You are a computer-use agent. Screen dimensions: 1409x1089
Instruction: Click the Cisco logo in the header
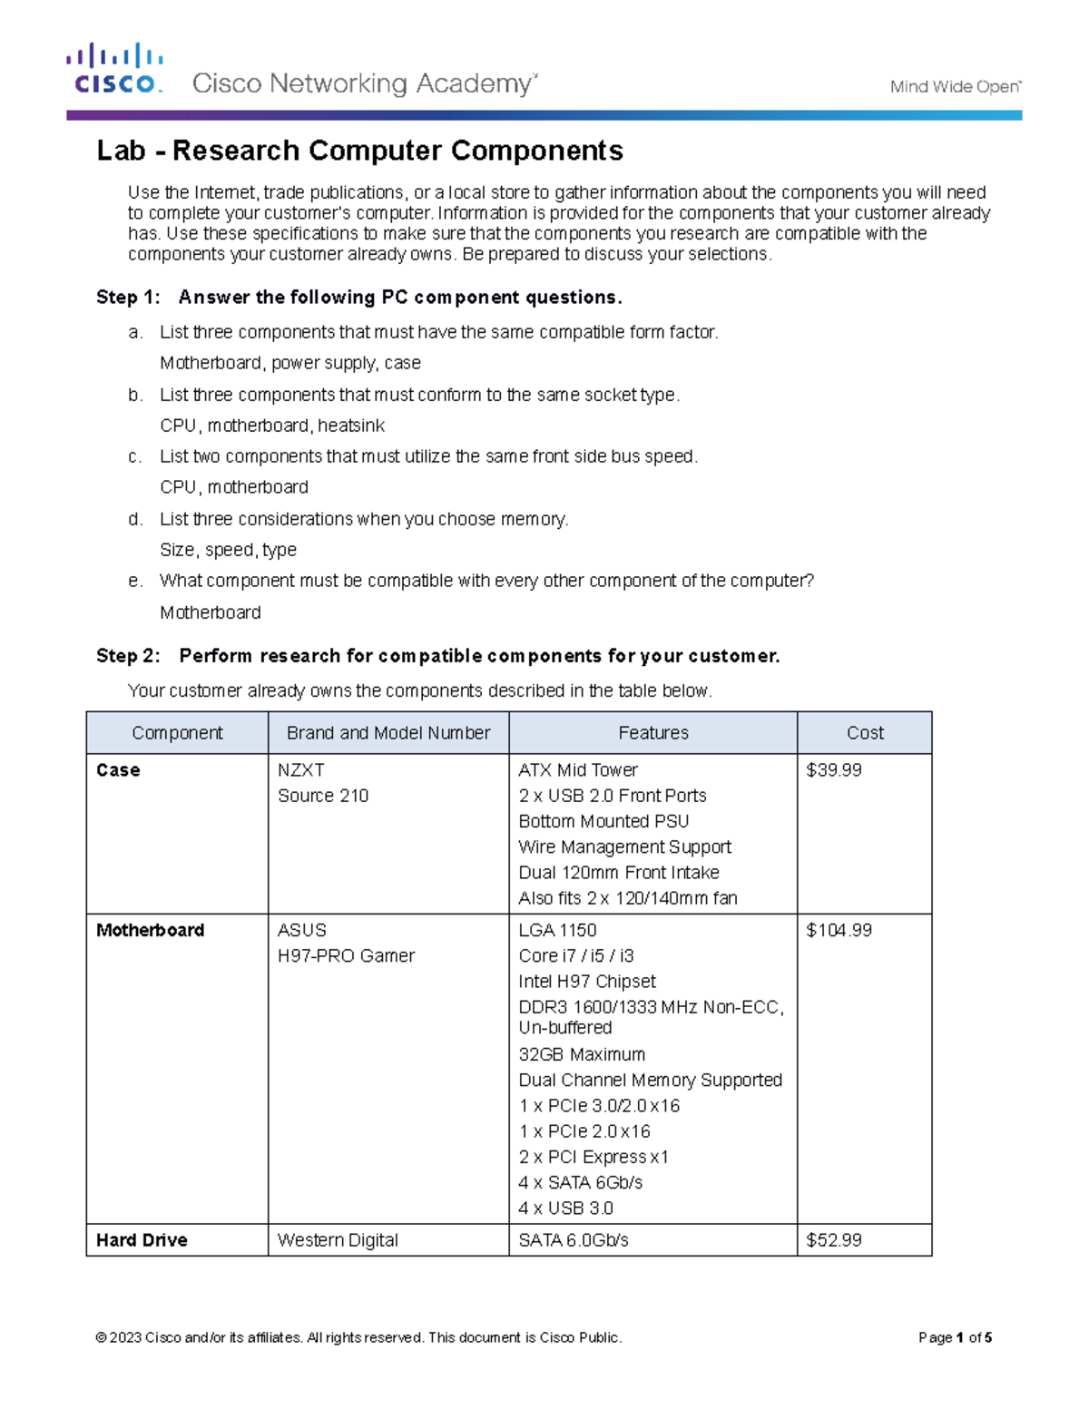click(115, 69)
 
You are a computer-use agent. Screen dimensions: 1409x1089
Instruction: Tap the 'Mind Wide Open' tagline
click(955, 87)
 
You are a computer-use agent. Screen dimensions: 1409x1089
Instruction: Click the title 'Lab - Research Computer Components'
click(359, 151)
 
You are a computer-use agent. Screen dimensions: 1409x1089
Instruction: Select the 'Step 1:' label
click(128, 298)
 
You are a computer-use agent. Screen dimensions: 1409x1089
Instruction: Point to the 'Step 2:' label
click(128, 656)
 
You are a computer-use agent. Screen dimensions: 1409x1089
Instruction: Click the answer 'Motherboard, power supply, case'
click(289, 363)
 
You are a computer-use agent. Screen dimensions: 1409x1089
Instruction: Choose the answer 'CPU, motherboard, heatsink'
click(271, 426)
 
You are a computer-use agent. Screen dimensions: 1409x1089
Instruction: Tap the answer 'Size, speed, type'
click(228, 550)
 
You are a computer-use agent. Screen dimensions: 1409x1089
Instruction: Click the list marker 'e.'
click(135, 581)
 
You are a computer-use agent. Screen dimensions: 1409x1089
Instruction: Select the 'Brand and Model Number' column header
click(388, 733)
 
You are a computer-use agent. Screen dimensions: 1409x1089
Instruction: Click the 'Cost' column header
click(864, 733)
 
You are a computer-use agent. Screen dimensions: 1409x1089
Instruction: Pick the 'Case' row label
click(118, 770)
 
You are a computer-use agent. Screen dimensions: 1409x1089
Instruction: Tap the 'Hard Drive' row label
click(142, 1240)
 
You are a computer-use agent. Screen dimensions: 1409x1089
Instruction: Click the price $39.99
click(833, 770)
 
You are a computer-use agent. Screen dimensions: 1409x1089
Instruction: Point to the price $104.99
click(839, 930)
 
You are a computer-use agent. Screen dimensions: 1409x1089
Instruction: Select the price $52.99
click(833, 1240)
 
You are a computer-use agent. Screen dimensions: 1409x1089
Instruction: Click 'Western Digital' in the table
click(338, 1240)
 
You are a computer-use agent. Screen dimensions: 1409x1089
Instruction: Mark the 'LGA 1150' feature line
click(557, 930)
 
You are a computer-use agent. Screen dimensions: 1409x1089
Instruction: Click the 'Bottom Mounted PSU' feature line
click(603, 821)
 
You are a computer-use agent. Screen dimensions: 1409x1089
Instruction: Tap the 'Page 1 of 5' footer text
click(955, 1337)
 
